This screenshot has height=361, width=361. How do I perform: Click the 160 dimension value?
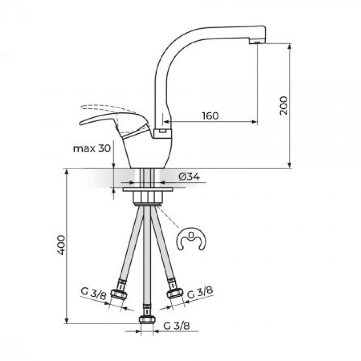[210, 116]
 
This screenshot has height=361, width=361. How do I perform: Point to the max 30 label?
[92, 148]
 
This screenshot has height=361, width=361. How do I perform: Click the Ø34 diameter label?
[189, 177]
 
